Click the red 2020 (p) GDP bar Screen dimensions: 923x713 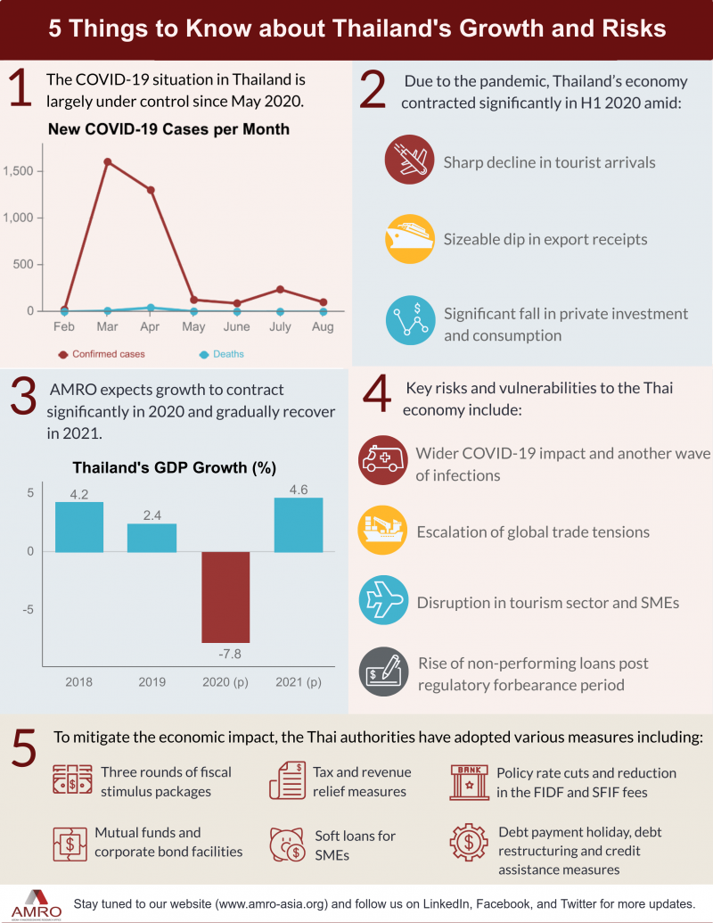[x=225, y=597]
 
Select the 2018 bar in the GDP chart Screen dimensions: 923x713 [x=79, y=527]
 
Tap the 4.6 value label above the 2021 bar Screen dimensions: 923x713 [x=299, y=489]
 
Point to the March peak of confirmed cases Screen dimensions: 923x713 [x=107, y=161]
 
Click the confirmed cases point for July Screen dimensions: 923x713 [x=280, y=289]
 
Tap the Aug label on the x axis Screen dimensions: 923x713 [x=323, y=327]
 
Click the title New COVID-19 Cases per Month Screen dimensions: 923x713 [x=168, y=129]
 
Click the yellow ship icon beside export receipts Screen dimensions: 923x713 [x=409, y=239]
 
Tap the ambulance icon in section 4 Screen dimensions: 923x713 [x=382, y=460]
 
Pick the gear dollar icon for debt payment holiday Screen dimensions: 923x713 [x=470, y=844]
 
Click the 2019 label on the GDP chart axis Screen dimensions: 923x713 [x=152, y=681]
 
